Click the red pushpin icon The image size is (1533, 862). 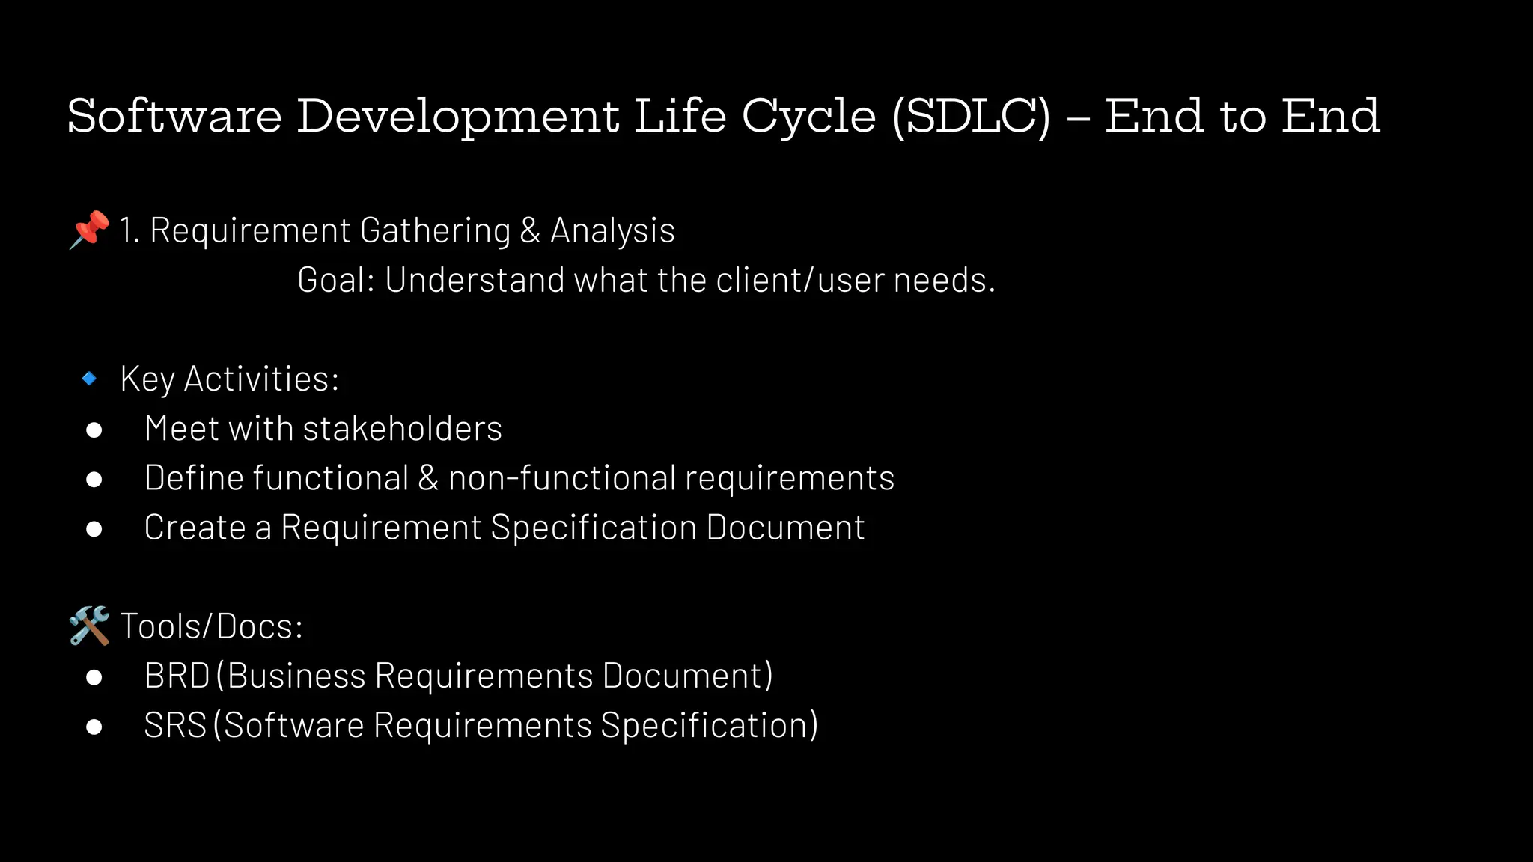point(89,229)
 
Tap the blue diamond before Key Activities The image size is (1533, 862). point(89,379)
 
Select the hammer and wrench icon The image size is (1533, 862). point(89,626)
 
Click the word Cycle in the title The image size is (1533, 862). point(808,117)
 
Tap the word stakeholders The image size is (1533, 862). point(402,429)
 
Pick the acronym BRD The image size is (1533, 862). point(177,676)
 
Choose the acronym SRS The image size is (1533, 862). point(175,725)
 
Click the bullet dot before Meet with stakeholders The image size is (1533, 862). point(94,430)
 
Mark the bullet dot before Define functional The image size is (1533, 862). point(94,479)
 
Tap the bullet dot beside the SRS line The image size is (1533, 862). point(94,727)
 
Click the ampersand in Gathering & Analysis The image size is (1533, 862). point(530,230)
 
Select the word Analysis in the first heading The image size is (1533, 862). point(612,230)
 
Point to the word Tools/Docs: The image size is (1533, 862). point(212,626)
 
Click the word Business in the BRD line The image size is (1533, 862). point(296,676)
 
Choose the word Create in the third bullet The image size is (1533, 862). point(195,528)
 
